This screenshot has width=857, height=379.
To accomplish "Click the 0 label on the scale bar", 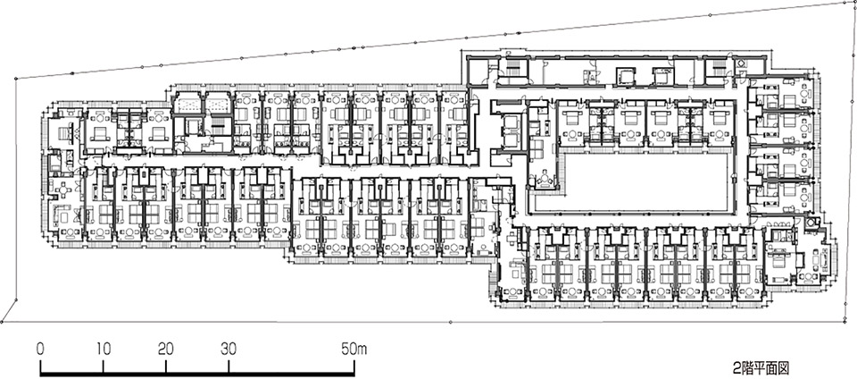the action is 40,349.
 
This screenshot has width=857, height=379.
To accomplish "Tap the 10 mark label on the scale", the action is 104,349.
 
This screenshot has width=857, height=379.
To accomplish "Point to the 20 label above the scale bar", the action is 166,349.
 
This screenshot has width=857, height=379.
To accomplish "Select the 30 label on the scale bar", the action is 229,349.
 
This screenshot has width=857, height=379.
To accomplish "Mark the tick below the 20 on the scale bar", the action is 166,367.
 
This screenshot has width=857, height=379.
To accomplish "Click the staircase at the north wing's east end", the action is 714,69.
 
